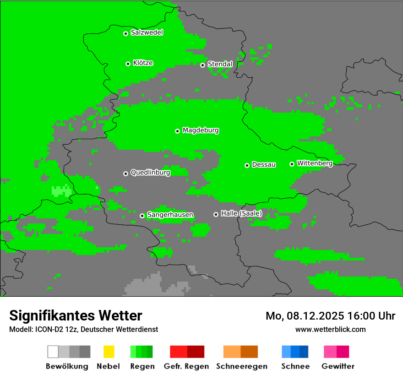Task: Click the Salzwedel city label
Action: click(x=147, y=33)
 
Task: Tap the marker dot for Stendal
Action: click(x=202, y=65)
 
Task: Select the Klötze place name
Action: click(x=143, y=63)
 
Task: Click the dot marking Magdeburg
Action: click(x=177, y=131)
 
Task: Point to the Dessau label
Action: click(x=264, y=165)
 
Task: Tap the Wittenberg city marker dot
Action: click(x=292, y=164)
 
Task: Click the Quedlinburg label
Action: click(x=150, y=173)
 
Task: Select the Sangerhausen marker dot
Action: click(x=142, y=216)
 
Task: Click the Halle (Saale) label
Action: click(x=241, y=213)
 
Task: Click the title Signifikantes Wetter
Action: click(x=76, y=316)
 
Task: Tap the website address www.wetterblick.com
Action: click(x=330, y=329)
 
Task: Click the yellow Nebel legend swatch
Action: click(x=109, y=352)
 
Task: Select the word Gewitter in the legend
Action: click(x=338, y=366)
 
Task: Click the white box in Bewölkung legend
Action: click(x=53, y=352)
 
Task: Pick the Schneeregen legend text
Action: click(x=241, y=366)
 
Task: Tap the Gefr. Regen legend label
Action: click(x=186, y=366)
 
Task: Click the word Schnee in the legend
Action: click(x=295, y=366)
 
